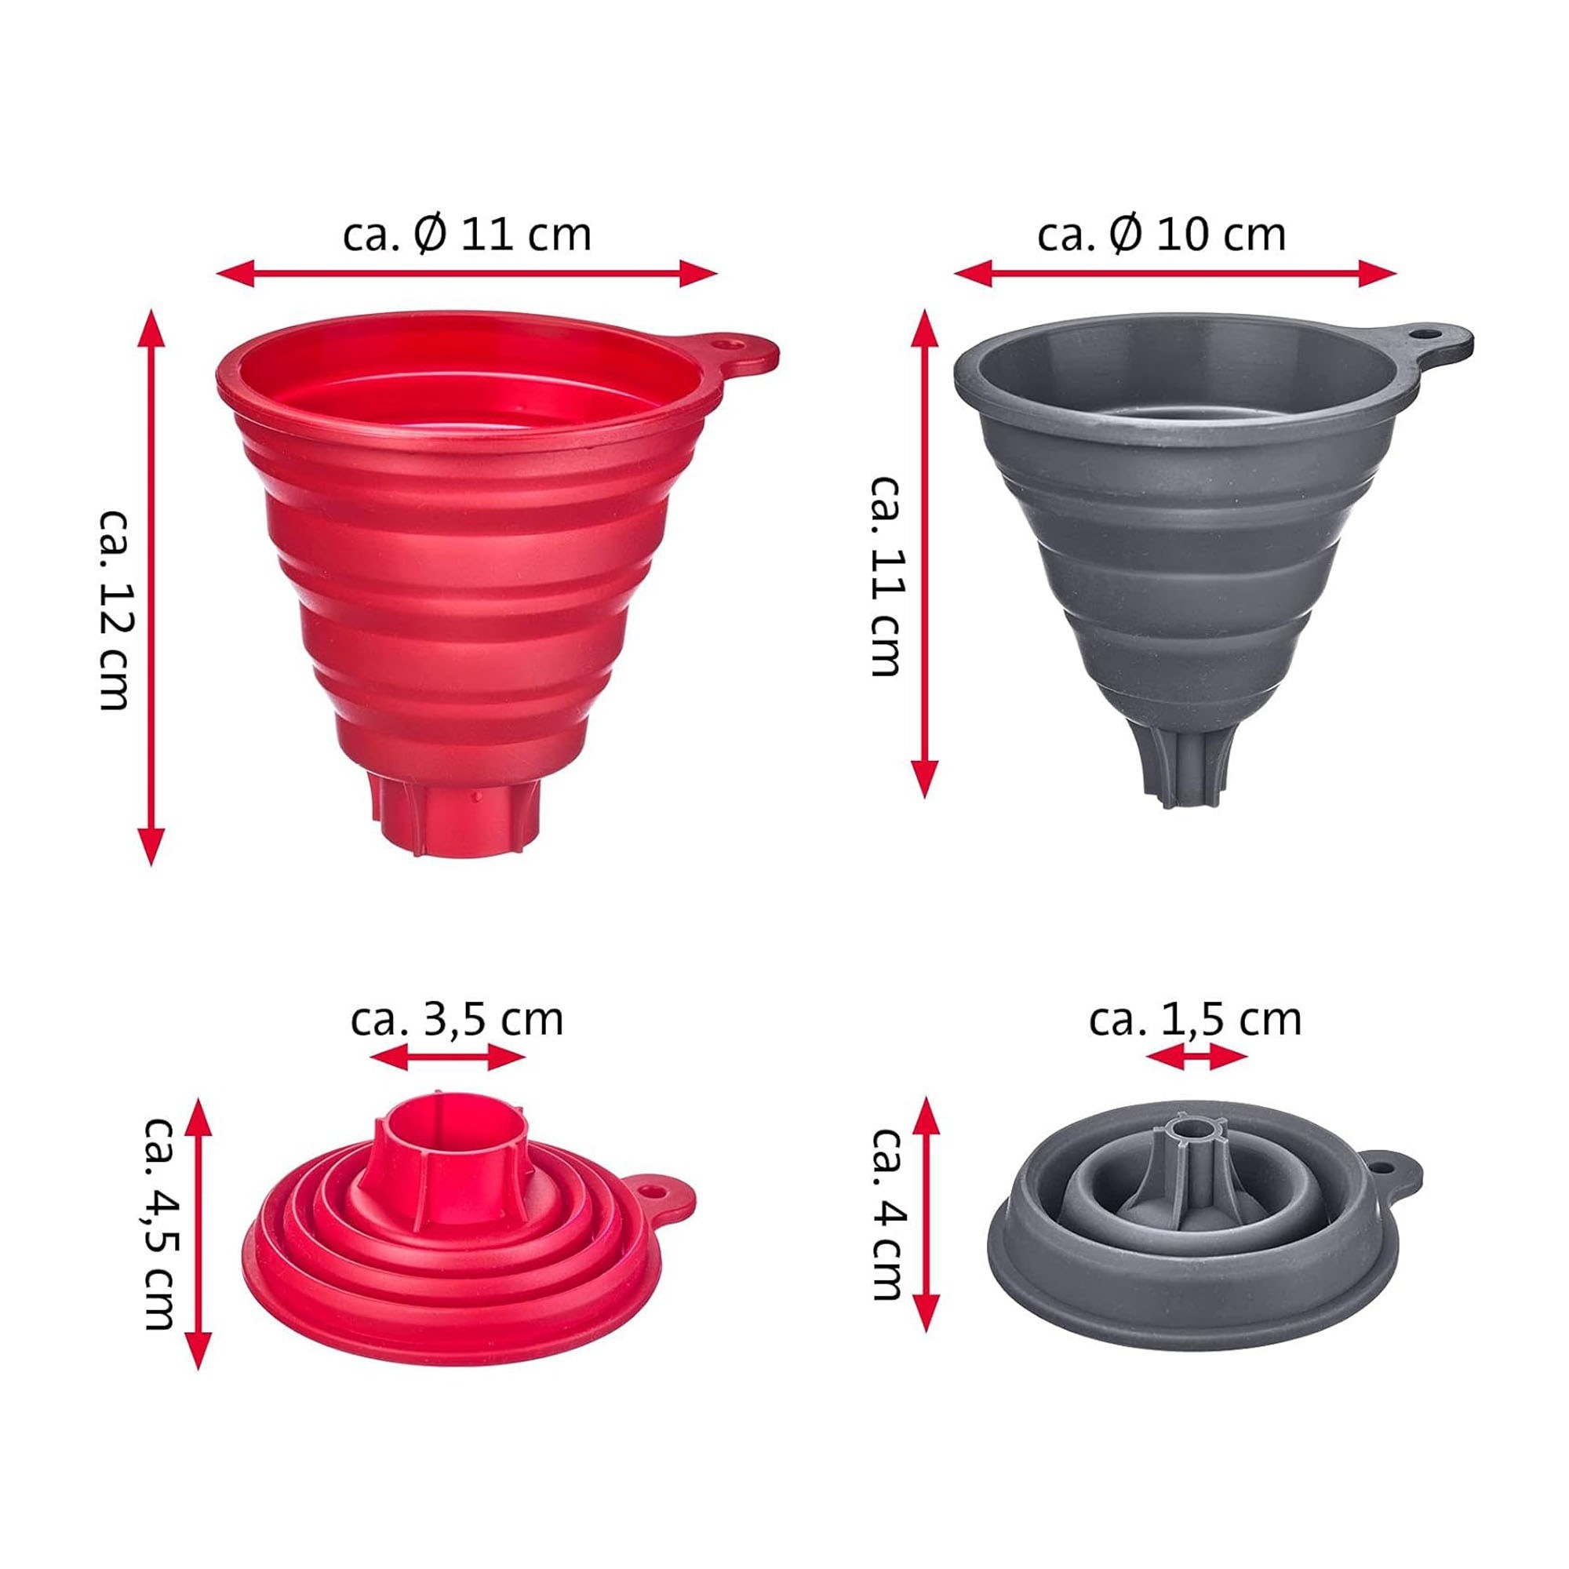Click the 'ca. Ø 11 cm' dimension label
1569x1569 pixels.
tap(466, 235)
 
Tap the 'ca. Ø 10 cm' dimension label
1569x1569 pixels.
tap(1161, 235)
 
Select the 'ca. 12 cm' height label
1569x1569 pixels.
tap(115, 610)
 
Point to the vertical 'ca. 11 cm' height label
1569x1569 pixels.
tap(886, 577)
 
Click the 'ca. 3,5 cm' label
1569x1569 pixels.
tap(457, 1019)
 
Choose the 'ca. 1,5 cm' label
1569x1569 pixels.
tap(1196, 1019)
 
